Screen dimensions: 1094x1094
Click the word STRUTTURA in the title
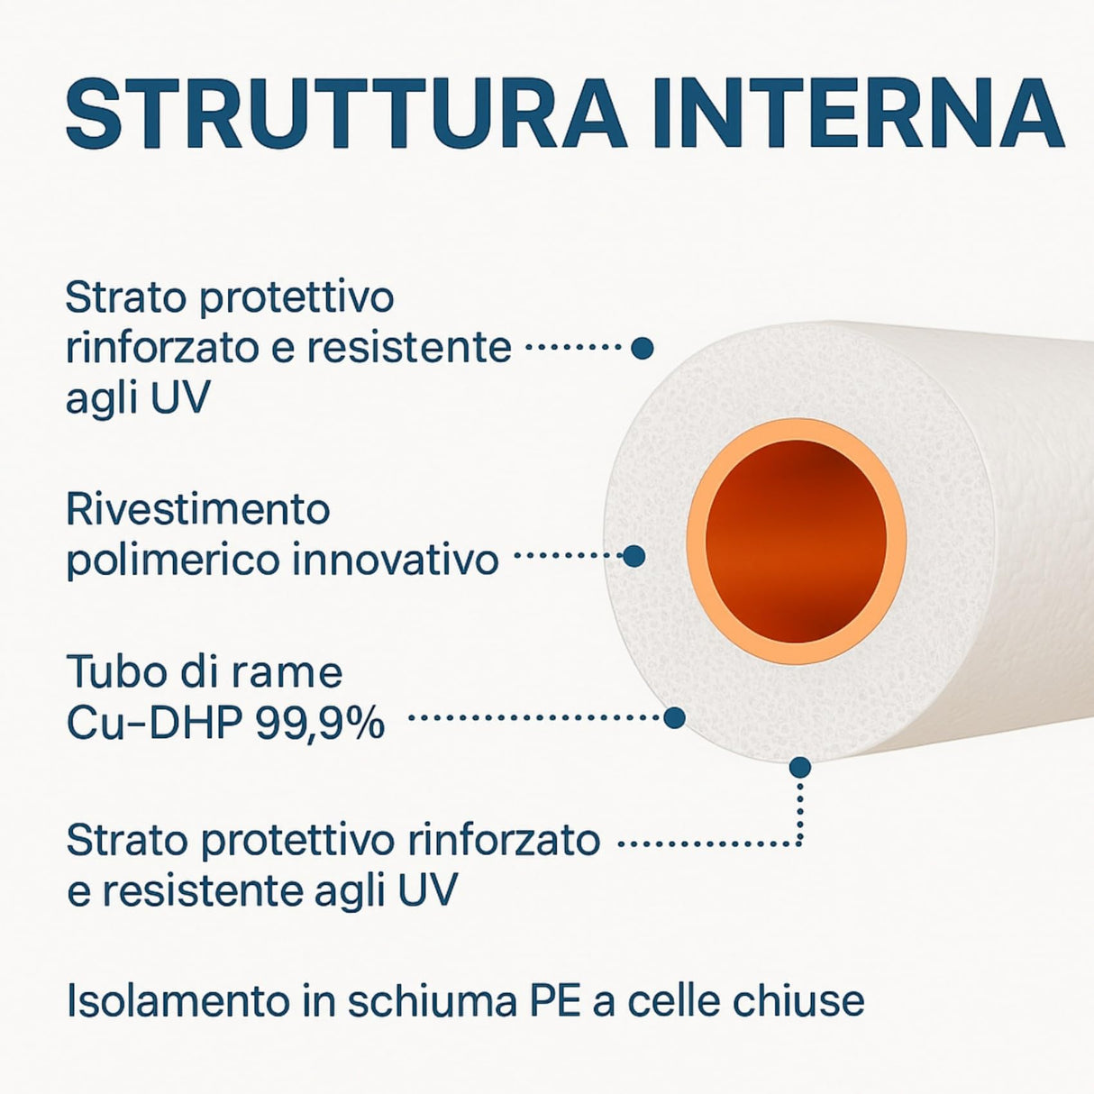click(346, 115)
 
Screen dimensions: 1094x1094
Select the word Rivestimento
click(198, 510)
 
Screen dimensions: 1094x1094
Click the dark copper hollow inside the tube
click(797, 541)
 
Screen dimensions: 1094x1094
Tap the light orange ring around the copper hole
click(697, 541)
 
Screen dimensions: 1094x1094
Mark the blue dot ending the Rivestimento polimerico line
click(634, 556)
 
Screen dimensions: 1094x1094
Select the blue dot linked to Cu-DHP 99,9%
click(674, 718)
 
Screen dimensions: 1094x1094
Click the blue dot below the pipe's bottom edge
click(799, 768)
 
